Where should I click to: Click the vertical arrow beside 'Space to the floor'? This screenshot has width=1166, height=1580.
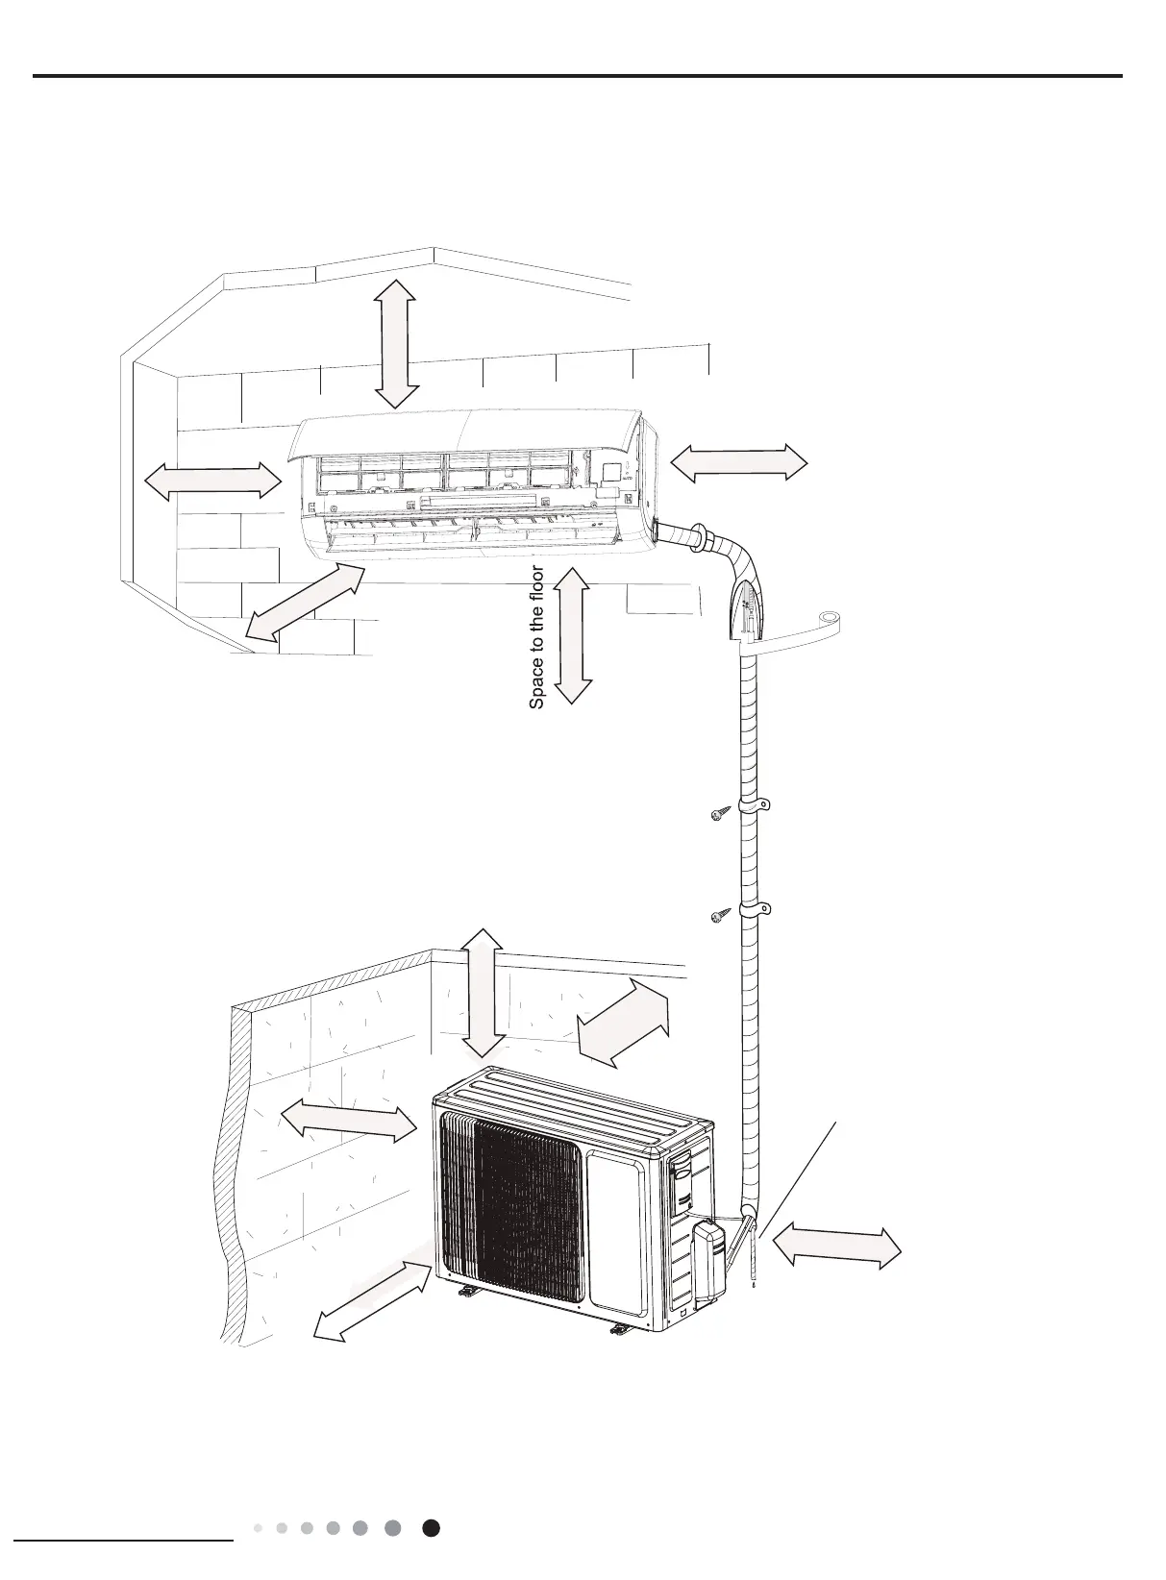tap(574, 635)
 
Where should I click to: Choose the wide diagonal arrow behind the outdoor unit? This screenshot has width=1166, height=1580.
tap(624, 1023)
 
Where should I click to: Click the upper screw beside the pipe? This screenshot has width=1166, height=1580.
tap(718, 815)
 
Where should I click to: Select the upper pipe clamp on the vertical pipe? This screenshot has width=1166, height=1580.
tap(755, 804)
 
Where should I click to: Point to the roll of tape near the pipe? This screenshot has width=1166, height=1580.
tap(828, 620)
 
